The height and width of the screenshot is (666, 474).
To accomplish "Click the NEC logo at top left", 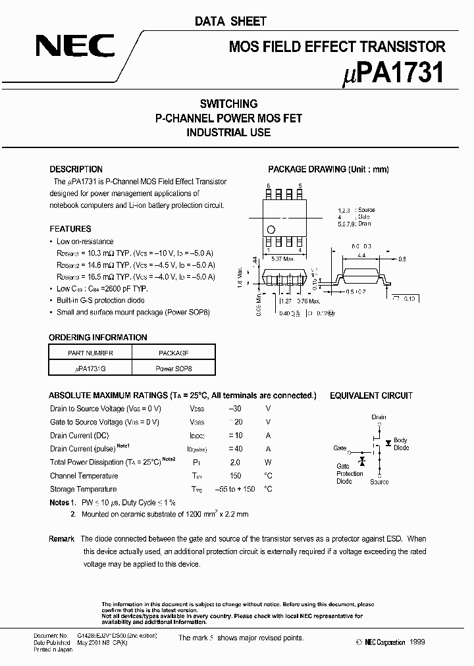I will (75, 46).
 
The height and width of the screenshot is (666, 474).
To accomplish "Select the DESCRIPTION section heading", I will (76, 169).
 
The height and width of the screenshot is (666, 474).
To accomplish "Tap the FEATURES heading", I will (70, 229).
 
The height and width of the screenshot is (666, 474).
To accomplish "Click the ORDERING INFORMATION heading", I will (98, 338).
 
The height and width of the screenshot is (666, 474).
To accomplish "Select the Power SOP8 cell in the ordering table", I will (174, 369).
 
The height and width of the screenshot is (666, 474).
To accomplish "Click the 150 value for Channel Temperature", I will (235, 476).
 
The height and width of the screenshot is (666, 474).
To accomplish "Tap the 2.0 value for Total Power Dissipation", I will (235, 463).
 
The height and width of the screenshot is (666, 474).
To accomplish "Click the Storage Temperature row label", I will (83, 489).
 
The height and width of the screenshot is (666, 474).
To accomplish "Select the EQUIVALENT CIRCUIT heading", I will (371, 396).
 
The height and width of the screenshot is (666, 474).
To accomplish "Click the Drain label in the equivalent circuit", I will (379, 417).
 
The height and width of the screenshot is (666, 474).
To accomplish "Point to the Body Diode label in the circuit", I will (400, 444).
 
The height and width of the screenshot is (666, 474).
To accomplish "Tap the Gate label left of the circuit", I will (340, 448).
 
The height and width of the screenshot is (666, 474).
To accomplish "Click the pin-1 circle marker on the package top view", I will (270, 229).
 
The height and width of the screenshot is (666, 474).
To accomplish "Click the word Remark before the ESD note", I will (61, 539).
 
